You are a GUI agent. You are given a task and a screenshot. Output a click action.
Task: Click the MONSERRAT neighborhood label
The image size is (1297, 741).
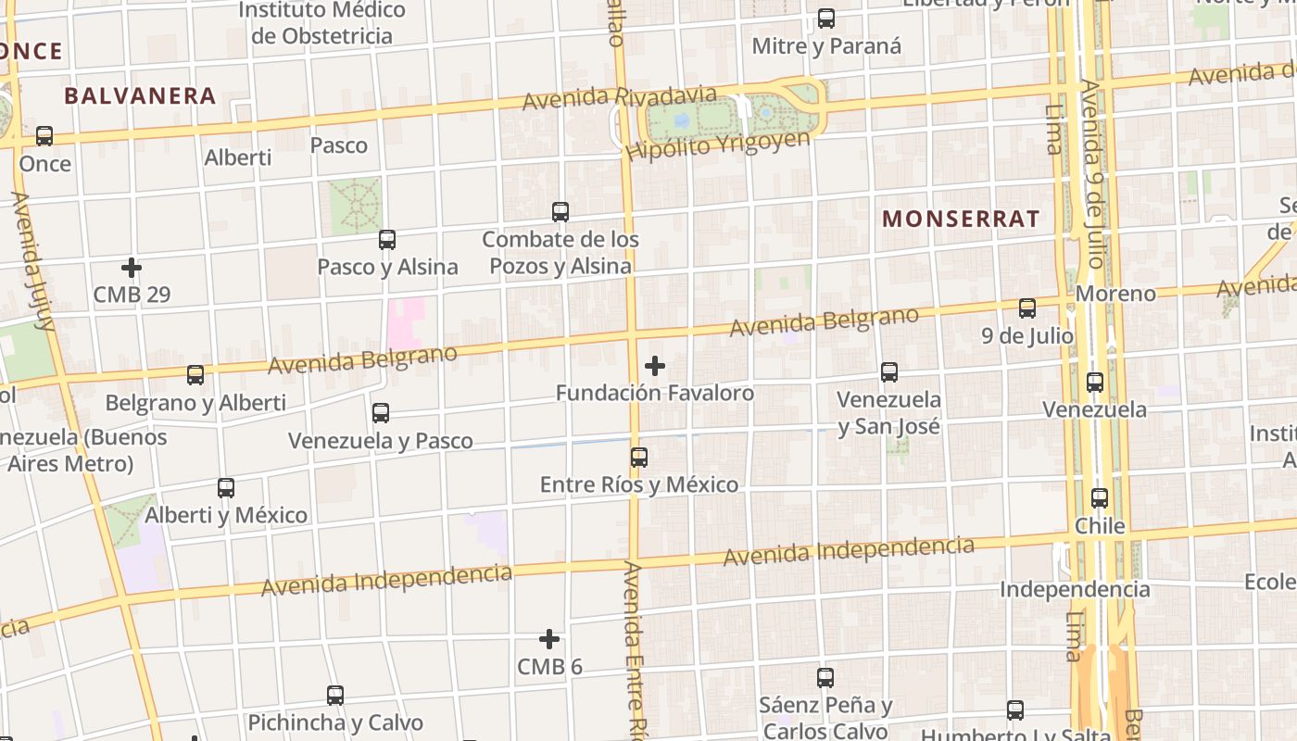coord(961,219)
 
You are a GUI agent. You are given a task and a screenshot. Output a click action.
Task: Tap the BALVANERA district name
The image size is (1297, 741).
coord(140,95)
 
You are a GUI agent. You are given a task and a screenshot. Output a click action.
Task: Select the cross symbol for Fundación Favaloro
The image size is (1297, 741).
coord(655,366)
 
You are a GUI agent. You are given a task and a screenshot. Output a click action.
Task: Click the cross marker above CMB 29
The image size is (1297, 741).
coord(132,268)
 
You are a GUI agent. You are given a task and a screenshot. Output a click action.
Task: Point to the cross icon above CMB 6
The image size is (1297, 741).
coord(549,639)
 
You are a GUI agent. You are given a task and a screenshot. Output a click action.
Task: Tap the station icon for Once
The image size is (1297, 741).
coord(44,136)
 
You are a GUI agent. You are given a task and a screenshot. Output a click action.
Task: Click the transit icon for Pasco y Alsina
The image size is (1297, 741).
coord(387,240)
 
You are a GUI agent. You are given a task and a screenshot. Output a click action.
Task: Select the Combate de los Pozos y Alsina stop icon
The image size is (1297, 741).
coord(560,212)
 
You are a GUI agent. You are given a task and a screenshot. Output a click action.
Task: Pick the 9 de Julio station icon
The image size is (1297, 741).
coord(1027,308)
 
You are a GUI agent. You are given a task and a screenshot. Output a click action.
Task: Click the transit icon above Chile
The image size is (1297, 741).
coord(1100,498)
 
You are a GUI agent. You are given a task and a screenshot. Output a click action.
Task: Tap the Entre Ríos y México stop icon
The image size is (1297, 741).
coord(639,457)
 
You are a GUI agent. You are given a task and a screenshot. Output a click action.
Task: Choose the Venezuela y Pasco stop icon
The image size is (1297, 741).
coord(381,413)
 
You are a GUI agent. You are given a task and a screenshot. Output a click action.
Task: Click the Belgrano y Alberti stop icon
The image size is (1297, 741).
coord(195,375)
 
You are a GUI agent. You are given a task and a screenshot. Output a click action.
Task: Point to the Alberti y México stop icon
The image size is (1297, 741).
coord(226,488)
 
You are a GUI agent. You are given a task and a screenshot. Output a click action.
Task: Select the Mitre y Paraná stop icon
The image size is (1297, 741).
coord(826,19)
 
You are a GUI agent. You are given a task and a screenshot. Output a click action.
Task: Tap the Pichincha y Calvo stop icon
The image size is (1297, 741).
coord(335,695)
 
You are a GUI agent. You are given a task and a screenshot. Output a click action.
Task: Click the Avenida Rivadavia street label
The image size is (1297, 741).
coord(619,97)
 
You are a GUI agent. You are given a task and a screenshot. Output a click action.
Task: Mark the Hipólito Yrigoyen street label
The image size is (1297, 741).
coord(717,145)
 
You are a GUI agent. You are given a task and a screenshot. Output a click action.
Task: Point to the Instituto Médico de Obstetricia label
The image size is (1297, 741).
coord(321,23)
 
